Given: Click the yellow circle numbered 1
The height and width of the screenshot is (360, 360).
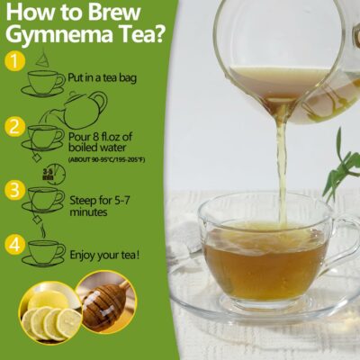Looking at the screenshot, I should [13, 61].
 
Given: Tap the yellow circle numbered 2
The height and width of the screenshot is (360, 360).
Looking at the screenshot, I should [13, 127].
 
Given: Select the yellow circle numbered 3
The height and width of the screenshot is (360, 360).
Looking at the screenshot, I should [13, 190].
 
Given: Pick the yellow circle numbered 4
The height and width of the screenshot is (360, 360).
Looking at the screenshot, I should [13, 243].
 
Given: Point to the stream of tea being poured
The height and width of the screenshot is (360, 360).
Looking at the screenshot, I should [281, 162].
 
